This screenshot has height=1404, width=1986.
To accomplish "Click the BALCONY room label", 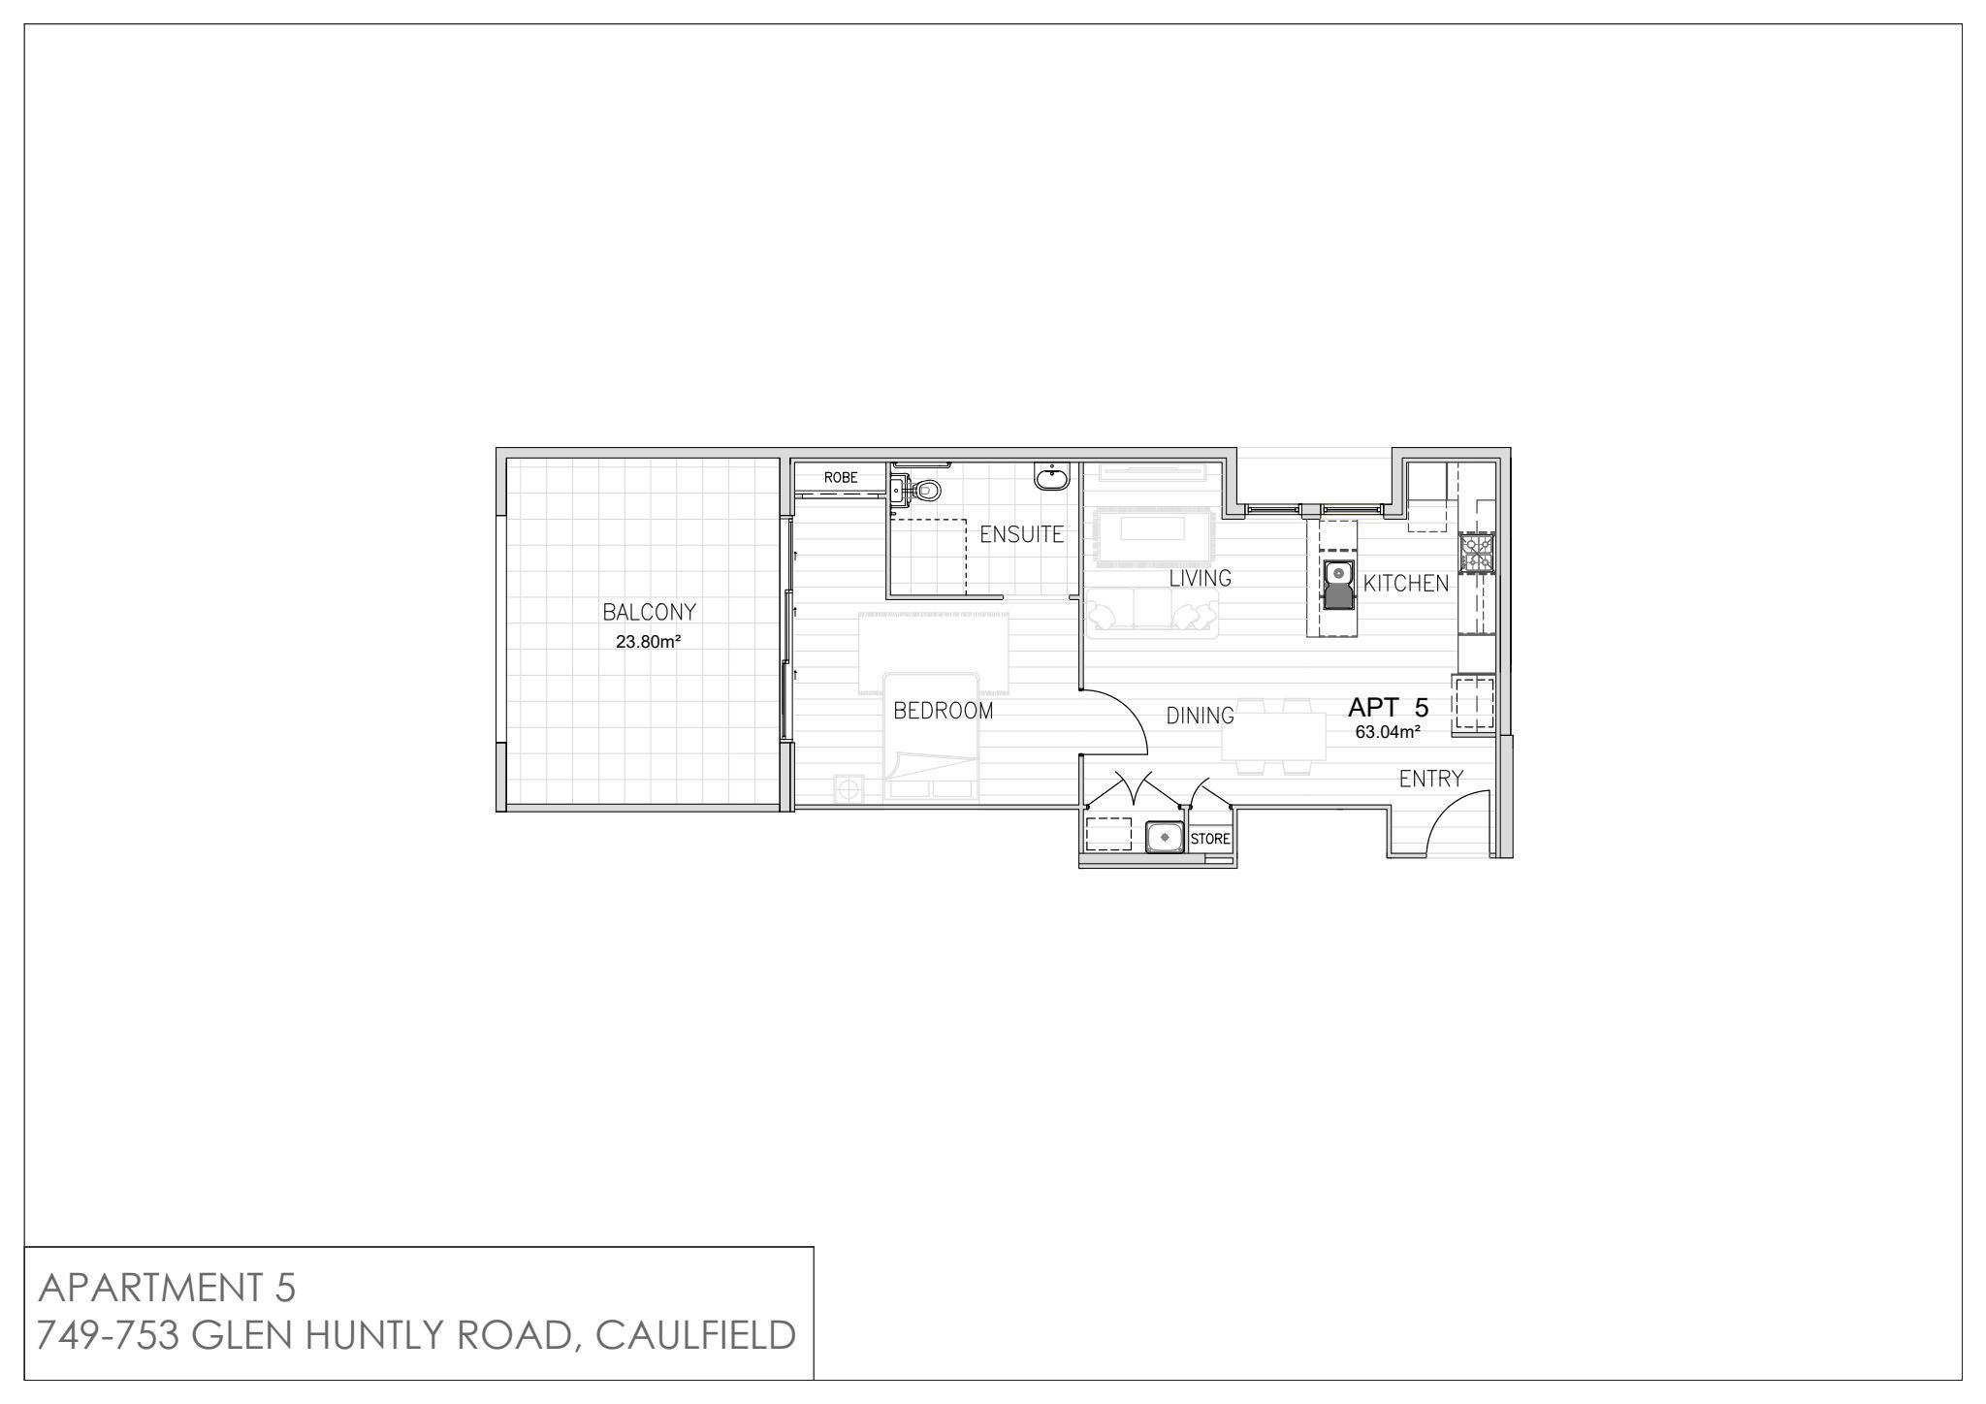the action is (x=649, y=612).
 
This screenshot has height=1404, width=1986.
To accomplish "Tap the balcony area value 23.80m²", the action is (x=648, y=641).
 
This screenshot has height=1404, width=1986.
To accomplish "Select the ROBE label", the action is (x=841, y=478).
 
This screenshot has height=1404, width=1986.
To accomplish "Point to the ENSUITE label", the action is (x=1021, y=534).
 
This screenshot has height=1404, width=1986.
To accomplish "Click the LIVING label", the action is (x=1200, y=578).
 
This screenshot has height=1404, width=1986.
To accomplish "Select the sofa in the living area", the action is (x=1152, y=613).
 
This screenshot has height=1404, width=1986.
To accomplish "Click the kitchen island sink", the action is (x=1338, y=585).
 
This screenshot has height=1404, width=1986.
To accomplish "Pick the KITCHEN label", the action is (x=1406, y=584).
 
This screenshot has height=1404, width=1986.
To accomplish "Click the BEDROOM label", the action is (x=944, y=711).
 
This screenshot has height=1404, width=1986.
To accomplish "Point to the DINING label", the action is (x=1200, y=716).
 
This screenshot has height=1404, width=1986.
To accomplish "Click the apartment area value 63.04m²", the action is (x=1388, y=732).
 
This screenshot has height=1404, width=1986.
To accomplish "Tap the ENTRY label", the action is (x=1430, y=779).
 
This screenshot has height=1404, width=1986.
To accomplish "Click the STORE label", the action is (x=1209, y=839).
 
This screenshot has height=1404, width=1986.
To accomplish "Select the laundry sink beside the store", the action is (x=1163, y=837).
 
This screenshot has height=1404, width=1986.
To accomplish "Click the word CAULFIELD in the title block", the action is (x=695, y=1336).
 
